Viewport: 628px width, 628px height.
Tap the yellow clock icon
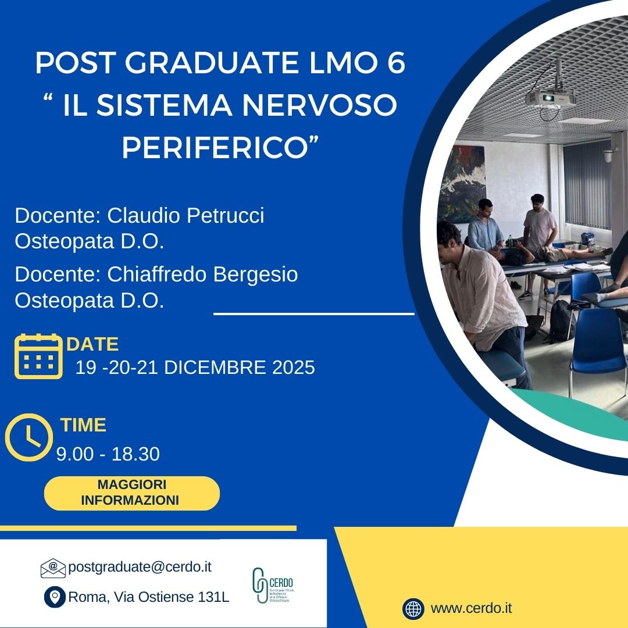28,437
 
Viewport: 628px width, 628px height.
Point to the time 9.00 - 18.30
108,454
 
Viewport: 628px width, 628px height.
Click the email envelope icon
53,568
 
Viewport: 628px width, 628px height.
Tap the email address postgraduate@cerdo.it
140,567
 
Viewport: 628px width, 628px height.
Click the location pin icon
55,597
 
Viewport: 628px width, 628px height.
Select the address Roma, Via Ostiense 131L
149,597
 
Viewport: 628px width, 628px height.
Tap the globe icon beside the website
413,609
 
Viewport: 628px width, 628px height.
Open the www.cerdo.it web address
471,609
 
